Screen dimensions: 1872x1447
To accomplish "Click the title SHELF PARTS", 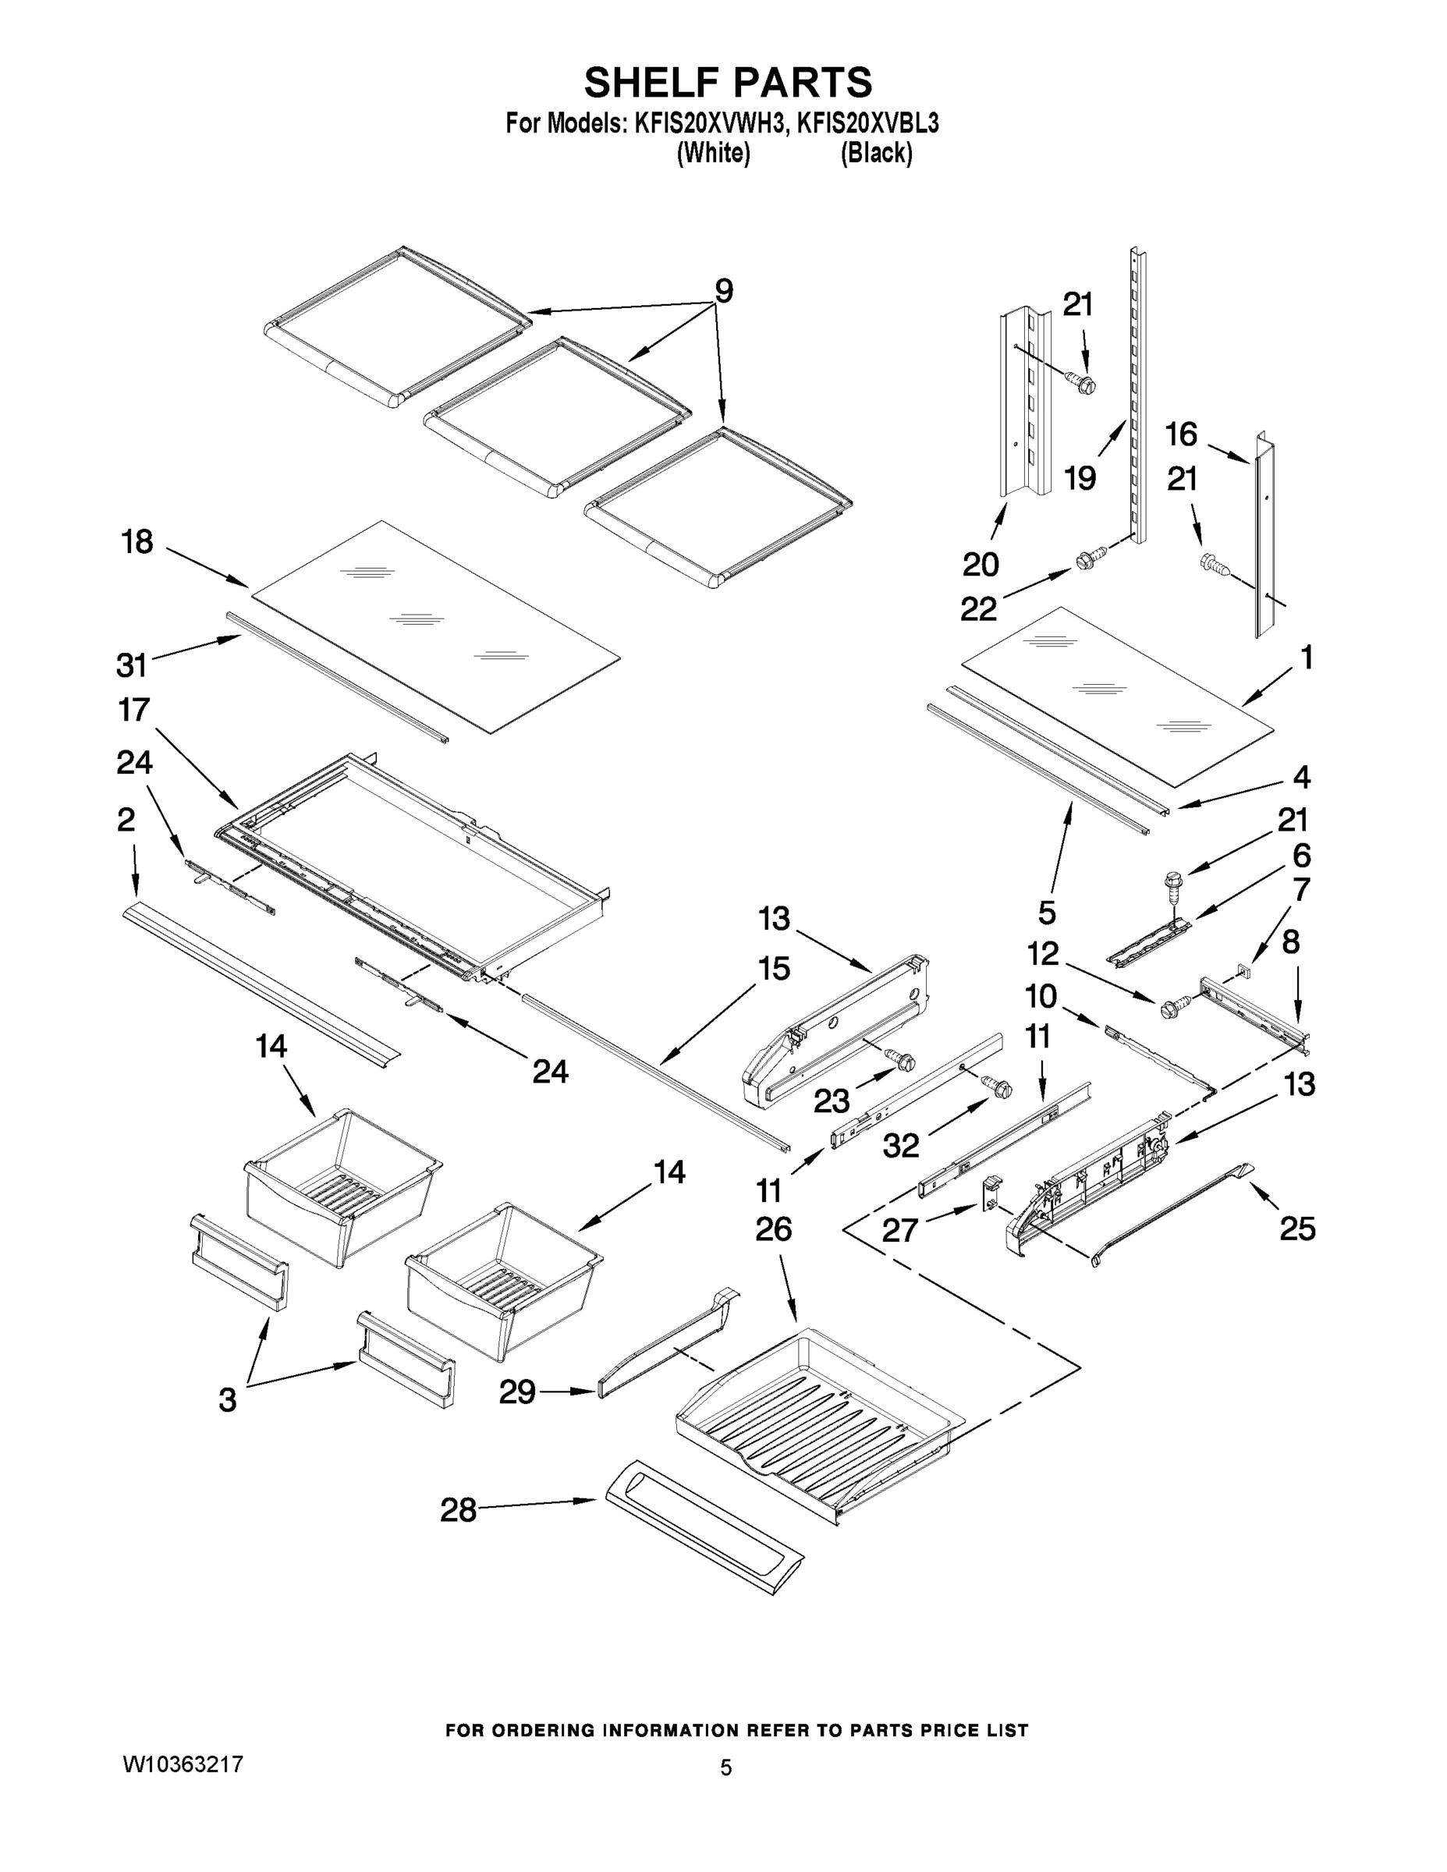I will tap(728, 83).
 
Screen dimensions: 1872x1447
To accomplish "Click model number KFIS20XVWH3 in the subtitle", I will tap(709, 124).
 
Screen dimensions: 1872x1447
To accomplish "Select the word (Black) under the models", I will tap(875, 154).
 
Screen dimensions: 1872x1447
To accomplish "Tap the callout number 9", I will tap(724, 292).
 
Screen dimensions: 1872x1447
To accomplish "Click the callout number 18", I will tap(137, 542).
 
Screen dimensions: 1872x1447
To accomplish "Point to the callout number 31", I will tap(131, 665).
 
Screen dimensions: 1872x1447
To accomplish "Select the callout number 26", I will tap(773, 1230).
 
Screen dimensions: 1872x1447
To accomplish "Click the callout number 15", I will tap(773, 970).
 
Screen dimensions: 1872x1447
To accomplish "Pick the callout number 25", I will tap(1297, 1229).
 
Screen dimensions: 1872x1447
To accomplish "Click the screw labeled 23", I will tap(903, 1061).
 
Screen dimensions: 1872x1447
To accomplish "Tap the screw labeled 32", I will tap(998, 1086).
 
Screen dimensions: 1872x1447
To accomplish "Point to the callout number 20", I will tap(980, 565).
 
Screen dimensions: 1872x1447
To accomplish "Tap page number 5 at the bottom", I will tap(725, 1767).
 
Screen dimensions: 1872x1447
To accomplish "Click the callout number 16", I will tap(1180, 434).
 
